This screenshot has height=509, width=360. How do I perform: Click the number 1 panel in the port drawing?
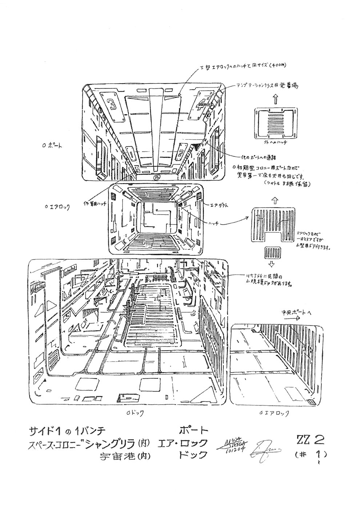pyautogui.click(x=130, y=155)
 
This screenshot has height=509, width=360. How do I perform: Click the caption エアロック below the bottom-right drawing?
pyautogui.click(x=275, y=413)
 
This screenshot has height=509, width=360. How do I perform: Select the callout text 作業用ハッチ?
pyautogui.click(x=95, y=203)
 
